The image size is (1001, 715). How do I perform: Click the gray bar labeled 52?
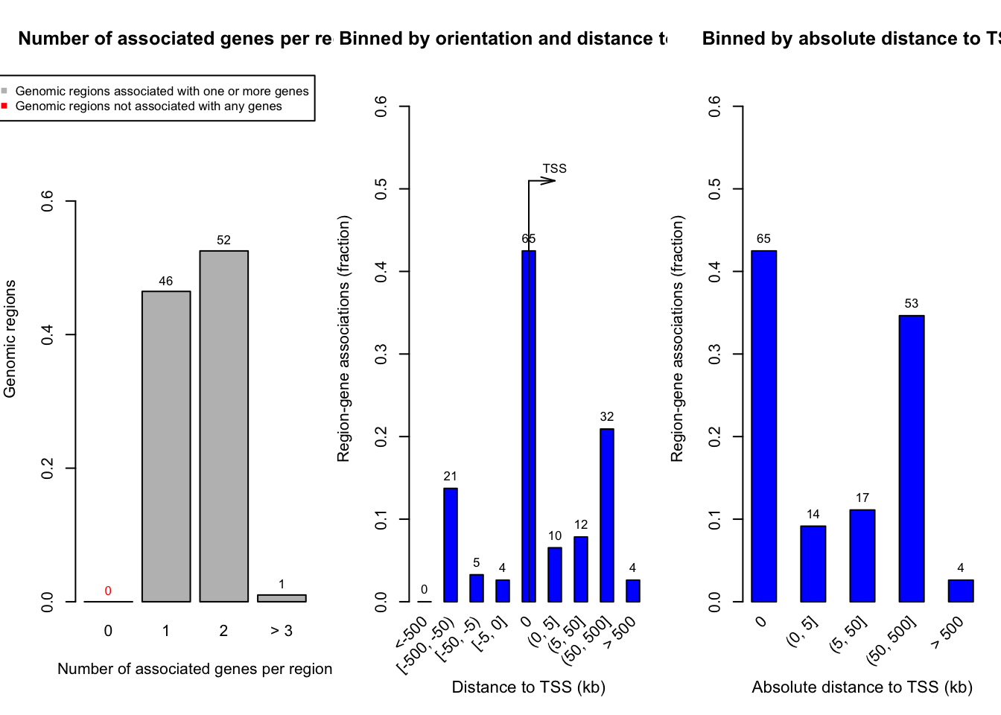223,426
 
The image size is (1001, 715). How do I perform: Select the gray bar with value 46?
166,446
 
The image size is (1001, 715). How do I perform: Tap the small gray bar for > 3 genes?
282,598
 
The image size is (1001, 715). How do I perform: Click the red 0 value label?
108,591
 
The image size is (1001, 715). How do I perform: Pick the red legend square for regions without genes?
4,106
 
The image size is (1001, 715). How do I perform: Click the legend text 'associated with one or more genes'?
162,91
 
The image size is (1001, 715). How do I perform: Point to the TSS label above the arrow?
554,169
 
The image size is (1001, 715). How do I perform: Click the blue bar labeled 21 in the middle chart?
451,544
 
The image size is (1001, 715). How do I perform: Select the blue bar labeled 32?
607,515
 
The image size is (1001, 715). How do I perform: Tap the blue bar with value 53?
912,458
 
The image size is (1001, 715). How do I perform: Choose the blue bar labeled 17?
862,556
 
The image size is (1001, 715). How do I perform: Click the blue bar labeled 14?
813,564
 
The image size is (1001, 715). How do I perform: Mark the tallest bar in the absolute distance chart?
764,426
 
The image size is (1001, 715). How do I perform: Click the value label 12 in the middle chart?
581,525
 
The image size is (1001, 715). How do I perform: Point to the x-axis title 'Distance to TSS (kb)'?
528,687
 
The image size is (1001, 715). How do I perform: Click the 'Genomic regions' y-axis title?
10,339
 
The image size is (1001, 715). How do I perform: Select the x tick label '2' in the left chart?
223,631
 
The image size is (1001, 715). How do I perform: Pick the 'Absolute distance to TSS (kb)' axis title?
862,687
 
